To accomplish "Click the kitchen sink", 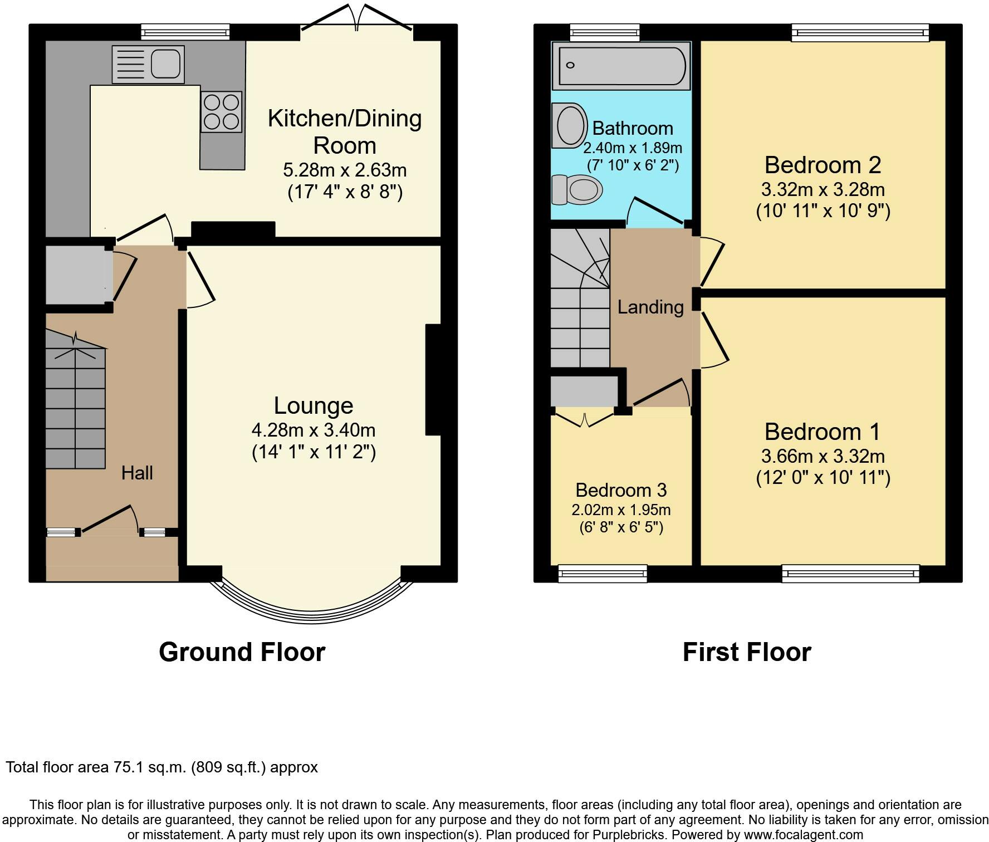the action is click(x=148, y=64).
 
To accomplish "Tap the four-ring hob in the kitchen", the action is click(x=222, y=112).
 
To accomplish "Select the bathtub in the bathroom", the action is click(x=621, y=65).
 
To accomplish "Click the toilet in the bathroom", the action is click(x=577, y=190).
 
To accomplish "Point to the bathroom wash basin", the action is click(x=570, y=125).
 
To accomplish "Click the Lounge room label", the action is click(x=314, y=405).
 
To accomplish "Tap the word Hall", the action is click(x=137, y=473).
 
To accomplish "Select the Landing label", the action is click(x=650, y=307).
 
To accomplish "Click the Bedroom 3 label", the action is click(x=621, y=490).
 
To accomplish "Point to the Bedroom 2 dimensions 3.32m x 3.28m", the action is click(x=823, y=189).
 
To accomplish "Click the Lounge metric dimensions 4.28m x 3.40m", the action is click(x=314, y=430).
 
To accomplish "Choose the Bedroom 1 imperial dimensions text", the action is click(x=823, y=478).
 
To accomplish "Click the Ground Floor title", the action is click(x=242, y=652).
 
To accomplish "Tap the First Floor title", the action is click(x=747, y=652).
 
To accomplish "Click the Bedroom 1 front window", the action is click(x=850, y=573).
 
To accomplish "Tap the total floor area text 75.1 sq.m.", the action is click(x=162, y=767).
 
